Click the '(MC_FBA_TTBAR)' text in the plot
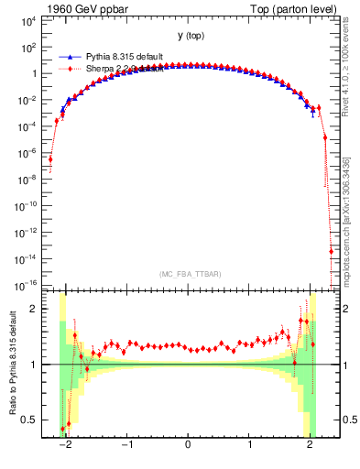point(189,274)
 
